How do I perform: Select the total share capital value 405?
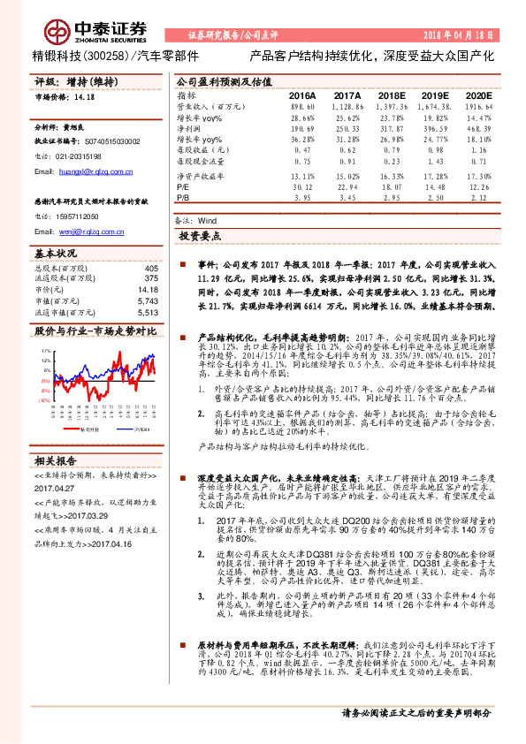[151, 268]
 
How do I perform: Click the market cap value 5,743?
[147, 301]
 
